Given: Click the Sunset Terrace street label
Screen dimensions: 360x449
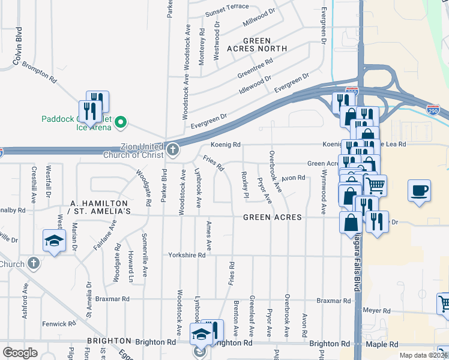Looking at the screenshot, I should pyautogui.click(x=227, y=14).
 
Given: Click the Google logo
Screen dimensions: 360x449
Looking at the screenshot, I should pyautogui.click(x=20, y=352).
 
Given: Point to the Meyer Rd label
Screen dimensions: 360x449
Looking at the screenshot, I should pyautogui.click(x=377, y=311).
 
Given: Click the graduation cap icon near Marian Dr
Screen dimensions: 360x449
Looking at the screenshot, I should pyautogui.click(x=55, y=241).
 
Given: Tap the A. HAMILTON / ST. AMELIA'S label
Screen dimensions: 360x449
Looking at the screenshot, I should pyautogui.click(x=100, y=208).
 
